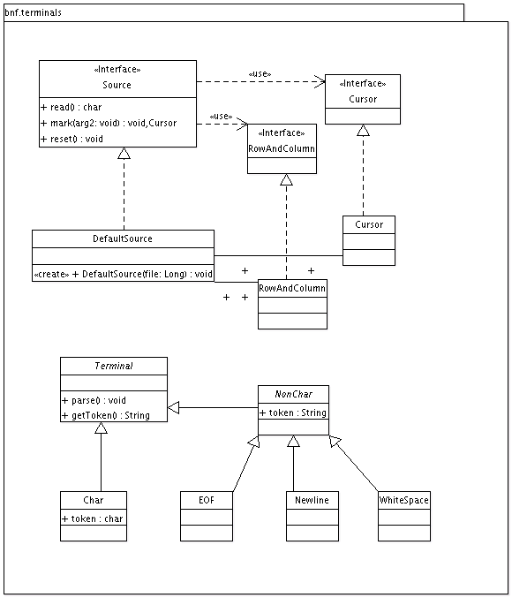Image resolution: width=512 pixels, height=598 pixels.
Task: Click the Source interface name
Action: click(117, 85)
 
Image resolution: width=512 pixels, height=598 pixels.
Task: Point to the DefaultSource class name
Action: click(122, 238)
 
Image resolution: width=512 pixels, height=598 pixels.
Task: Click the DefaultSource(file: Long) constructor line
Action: click(123, 274)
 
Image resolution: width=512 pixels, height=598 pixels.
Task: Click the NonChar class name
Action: click(292, 394)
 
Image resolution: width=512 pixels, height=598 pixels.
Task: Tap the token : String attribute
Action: click(292, 412)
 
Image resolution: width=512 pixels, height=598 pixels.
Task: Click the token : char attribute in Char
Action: click(93, 519)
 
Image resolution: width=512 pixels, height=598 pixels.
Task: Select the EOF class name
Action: click(206, 500)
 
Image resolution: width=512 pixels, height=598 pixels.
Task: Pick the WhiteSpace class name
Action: click(404, 500)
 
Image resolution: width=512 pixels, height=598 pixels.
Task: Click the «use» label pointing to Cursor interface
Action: click(259, 73)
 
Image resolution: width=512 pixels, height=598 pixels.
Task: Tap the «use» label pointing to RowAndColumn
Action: click(221, 116)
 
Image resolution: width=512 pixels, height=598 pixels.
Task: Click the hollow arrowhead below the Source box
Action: click(124, 155)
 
